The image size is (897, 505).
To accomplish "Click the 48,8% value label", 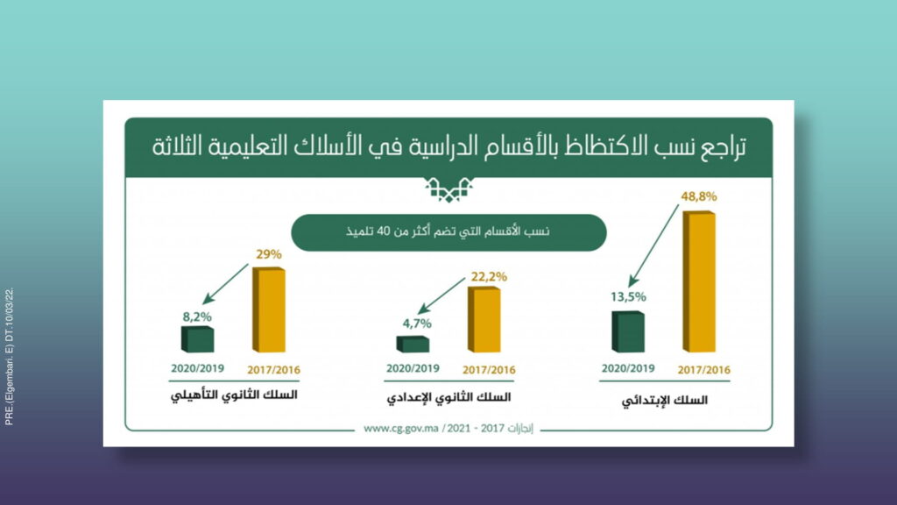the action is (x=698, y=196).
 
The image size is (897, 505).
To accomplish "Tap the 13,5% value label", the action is (x=628, y=296).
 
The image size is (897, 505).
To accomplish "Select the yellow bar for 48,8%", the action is (x=699, y=281).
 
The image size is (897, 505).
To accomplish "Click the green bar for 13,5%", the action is (x=628, y=331).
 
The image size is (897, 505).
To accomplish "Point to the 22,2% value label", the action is (x=489, y=276).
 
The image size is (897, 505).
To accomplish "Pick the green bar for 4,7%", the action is (x=413, y=344).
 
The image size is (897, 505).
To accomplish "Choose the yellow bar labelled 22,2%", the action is (x=484, y=319).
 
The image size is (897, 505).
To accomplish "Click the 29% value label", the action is (x=269, y=254).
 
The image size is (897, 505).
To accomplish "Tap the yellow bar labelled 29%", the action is (x=269, y=309).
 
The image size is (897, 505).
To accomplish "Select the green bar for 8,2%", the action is (x=197, y=339).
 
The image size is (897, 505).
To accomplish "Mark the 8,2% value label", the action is (x=197, y=317).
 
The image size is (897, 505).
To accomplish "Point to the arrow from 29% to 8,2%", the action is (x=225, y=284).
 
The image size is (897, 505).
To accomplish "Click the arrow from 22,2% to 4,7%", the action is (x=441, y=296).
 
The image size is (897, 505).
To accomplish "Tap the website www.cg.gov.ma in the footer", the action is (x=401, y=428).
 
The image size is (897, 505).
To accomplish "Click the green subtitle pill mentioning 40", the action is (x=448, y=232).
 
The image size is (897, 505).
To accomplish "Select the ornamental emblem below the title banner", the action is (x=449, y=189).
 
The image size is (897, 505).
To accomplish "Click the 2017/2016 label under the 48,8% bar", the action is (x=704, y=371).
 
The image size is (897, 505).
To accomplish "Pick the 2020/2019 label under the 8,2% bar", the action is (x=197, y=369).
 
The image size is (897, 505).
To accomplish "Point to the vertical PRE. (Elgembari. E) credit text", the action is (x=9, y=356).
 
